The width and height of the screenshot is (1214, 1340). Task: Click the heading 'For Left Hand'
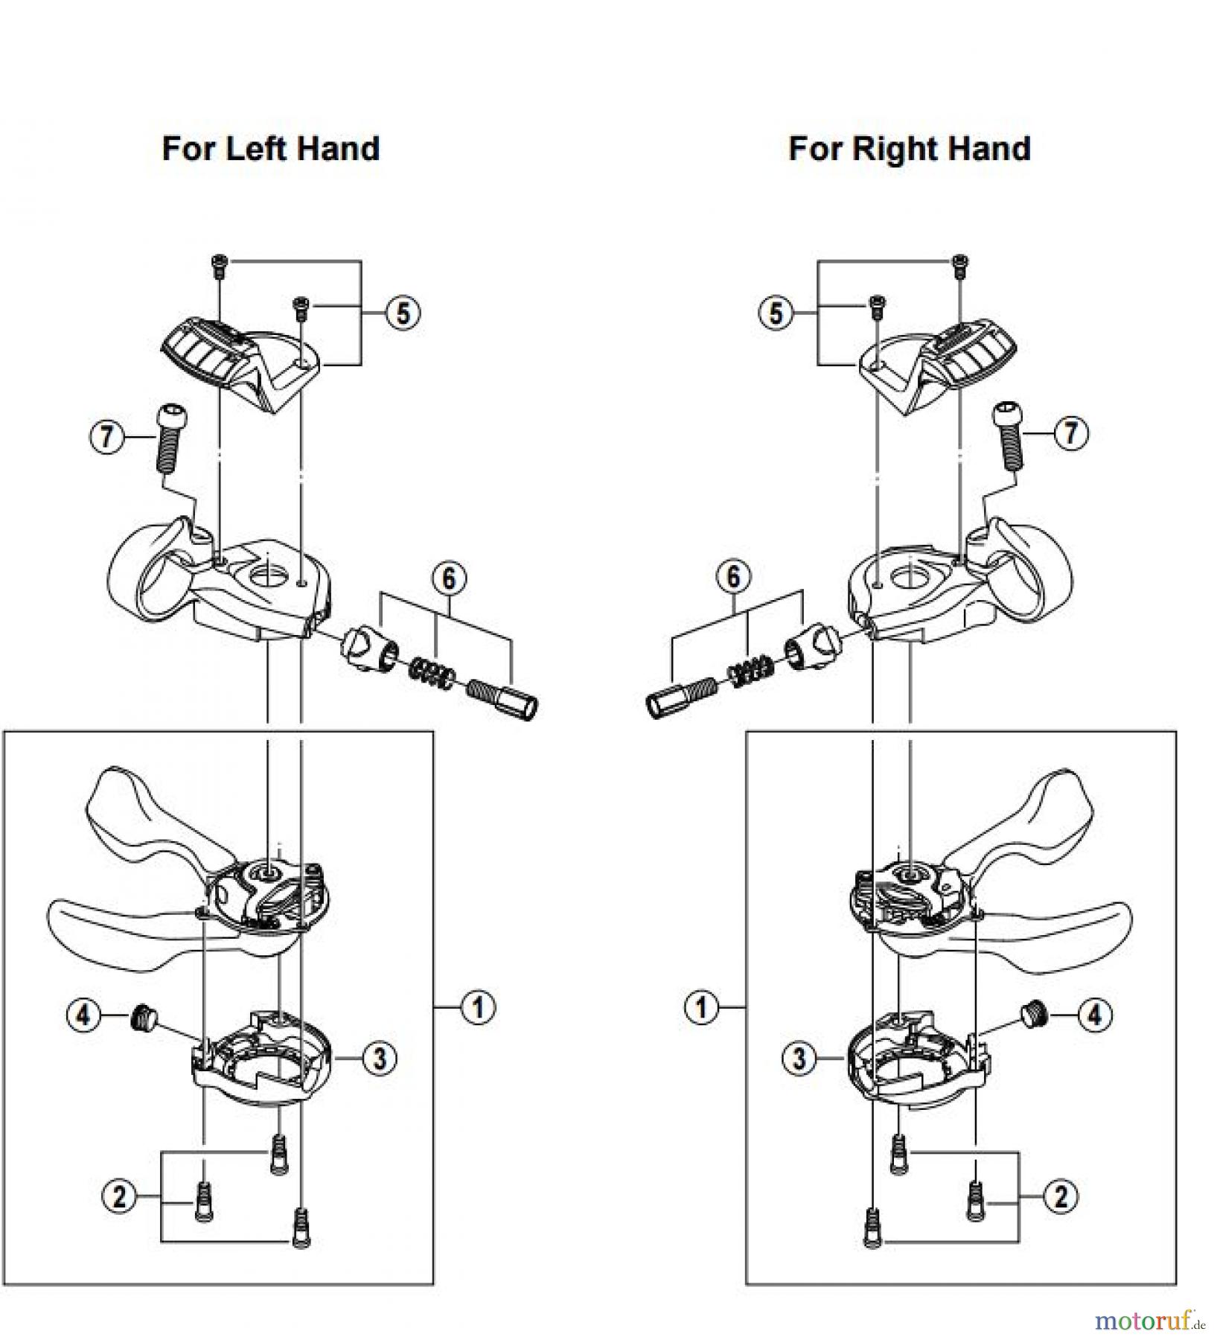270,148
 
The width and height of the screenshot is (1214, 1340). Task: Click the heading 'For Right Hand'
909,148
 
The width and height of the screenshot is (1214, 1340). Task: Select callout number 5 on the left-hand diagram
403,313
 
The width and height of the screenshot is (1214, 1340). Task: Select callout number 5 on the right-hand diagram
776,313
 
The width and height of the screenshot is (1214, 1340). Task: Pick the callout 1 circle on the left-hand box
476,1006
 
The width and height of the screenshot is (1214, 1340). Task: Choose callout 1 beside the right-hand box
701,1008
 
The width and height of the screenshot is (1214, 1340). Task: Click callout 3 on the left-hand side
380,1057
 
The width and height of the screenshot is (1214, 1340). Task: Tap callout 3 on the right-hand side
799,1058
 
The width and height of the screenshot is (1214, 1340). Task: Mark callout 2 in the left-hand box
119,1196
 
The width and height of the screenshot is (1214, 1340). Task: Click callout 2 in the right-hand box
1060,1196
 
